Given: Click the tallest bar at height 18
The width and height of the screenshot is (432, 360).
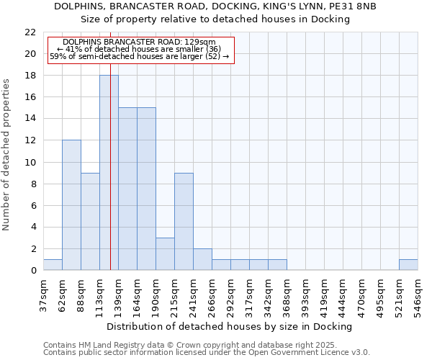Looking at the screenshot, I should (x=109, y=173).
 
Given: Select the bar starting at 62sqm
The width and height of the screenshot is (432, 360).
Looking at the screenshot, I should (x=71, y=205).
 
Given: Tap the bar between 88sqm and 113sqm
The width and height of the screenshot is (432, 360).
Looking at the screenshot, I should (x=90, y=222).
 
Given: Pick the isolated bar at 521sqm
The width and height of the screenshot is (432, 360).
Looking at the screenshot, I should (x=408, y=265).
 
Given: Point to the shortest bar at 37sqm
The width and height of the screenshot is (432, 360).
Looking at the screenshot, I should (x=53, y=265).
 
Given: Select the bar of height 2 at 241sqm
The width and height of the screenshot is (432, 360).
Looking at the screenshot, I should (x=202, y=259).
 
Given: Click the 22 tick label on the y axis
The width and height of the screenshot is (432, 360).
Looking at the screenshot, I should (x=30, y=32).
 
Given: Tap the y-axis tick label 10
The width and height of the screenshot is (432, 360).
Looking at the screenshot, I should (x=30, y=162).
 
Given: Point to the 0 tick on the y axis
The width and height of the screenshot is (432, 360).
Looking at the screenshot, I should (x=32, y=271).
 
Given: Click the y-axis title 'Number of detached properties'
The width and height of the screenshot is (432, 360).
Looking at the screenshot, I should (x=6, y=155).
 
